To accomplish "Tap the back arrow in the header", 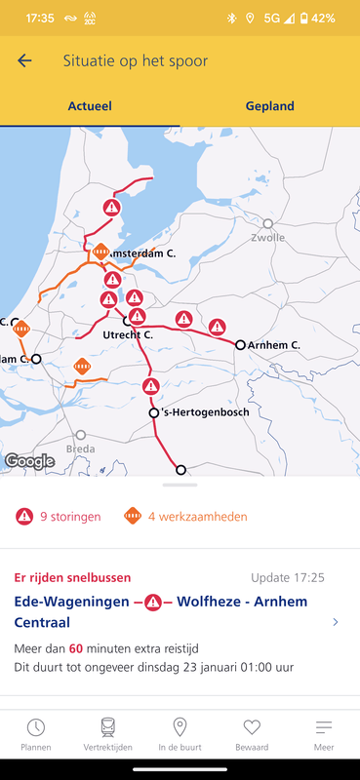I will (x=24, y=60).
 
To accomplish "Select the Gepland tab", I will (x=269, y=106).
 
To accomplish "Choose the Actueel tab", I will (x=89, y=106).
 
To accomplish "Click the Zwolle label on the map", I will (x=267, y=237).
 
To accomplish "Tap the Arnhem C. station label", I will (x=274, y=345).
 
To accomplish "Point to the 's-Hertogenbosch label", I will (x=204, y=412).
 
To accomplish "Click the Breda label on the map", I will (x=80, y=449).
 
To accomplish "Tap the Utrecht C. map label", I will (x=128, y=334).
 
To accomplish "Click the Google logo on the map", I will (x=29, y=461).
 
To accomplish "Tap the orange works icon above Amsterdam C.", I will (x=100, y=251).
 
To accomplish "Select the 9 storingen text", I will (x=69, y=517).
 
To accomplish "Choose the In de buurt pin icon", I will (x=180, y=727).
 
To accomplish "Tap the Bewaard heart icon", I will (x=252, y=727).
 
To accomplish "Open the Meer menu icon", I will (x=324, y=727).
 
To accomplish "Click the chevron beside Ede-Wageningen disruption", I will (x=336, y=622).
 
